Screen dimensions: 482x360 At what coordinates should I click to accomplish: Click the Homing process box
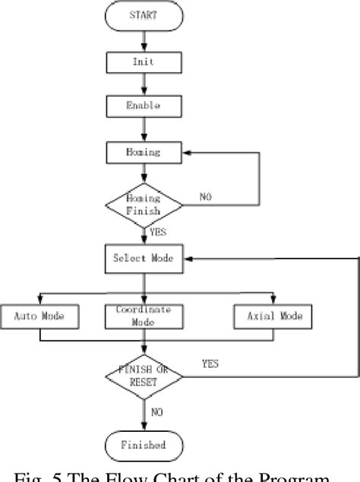coord(144,152)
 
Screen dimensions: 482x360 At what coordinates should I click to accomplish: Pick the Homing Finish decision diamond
coord(144,205)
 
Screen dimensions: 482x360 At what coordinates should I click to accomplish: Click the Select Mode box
coord(144,258)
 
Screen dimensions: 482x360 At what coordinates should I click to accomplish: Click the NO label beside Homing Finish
coord(206,196)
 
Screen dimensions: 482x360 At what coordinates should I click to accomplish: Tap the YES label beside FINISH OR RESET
coord(210,364)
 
